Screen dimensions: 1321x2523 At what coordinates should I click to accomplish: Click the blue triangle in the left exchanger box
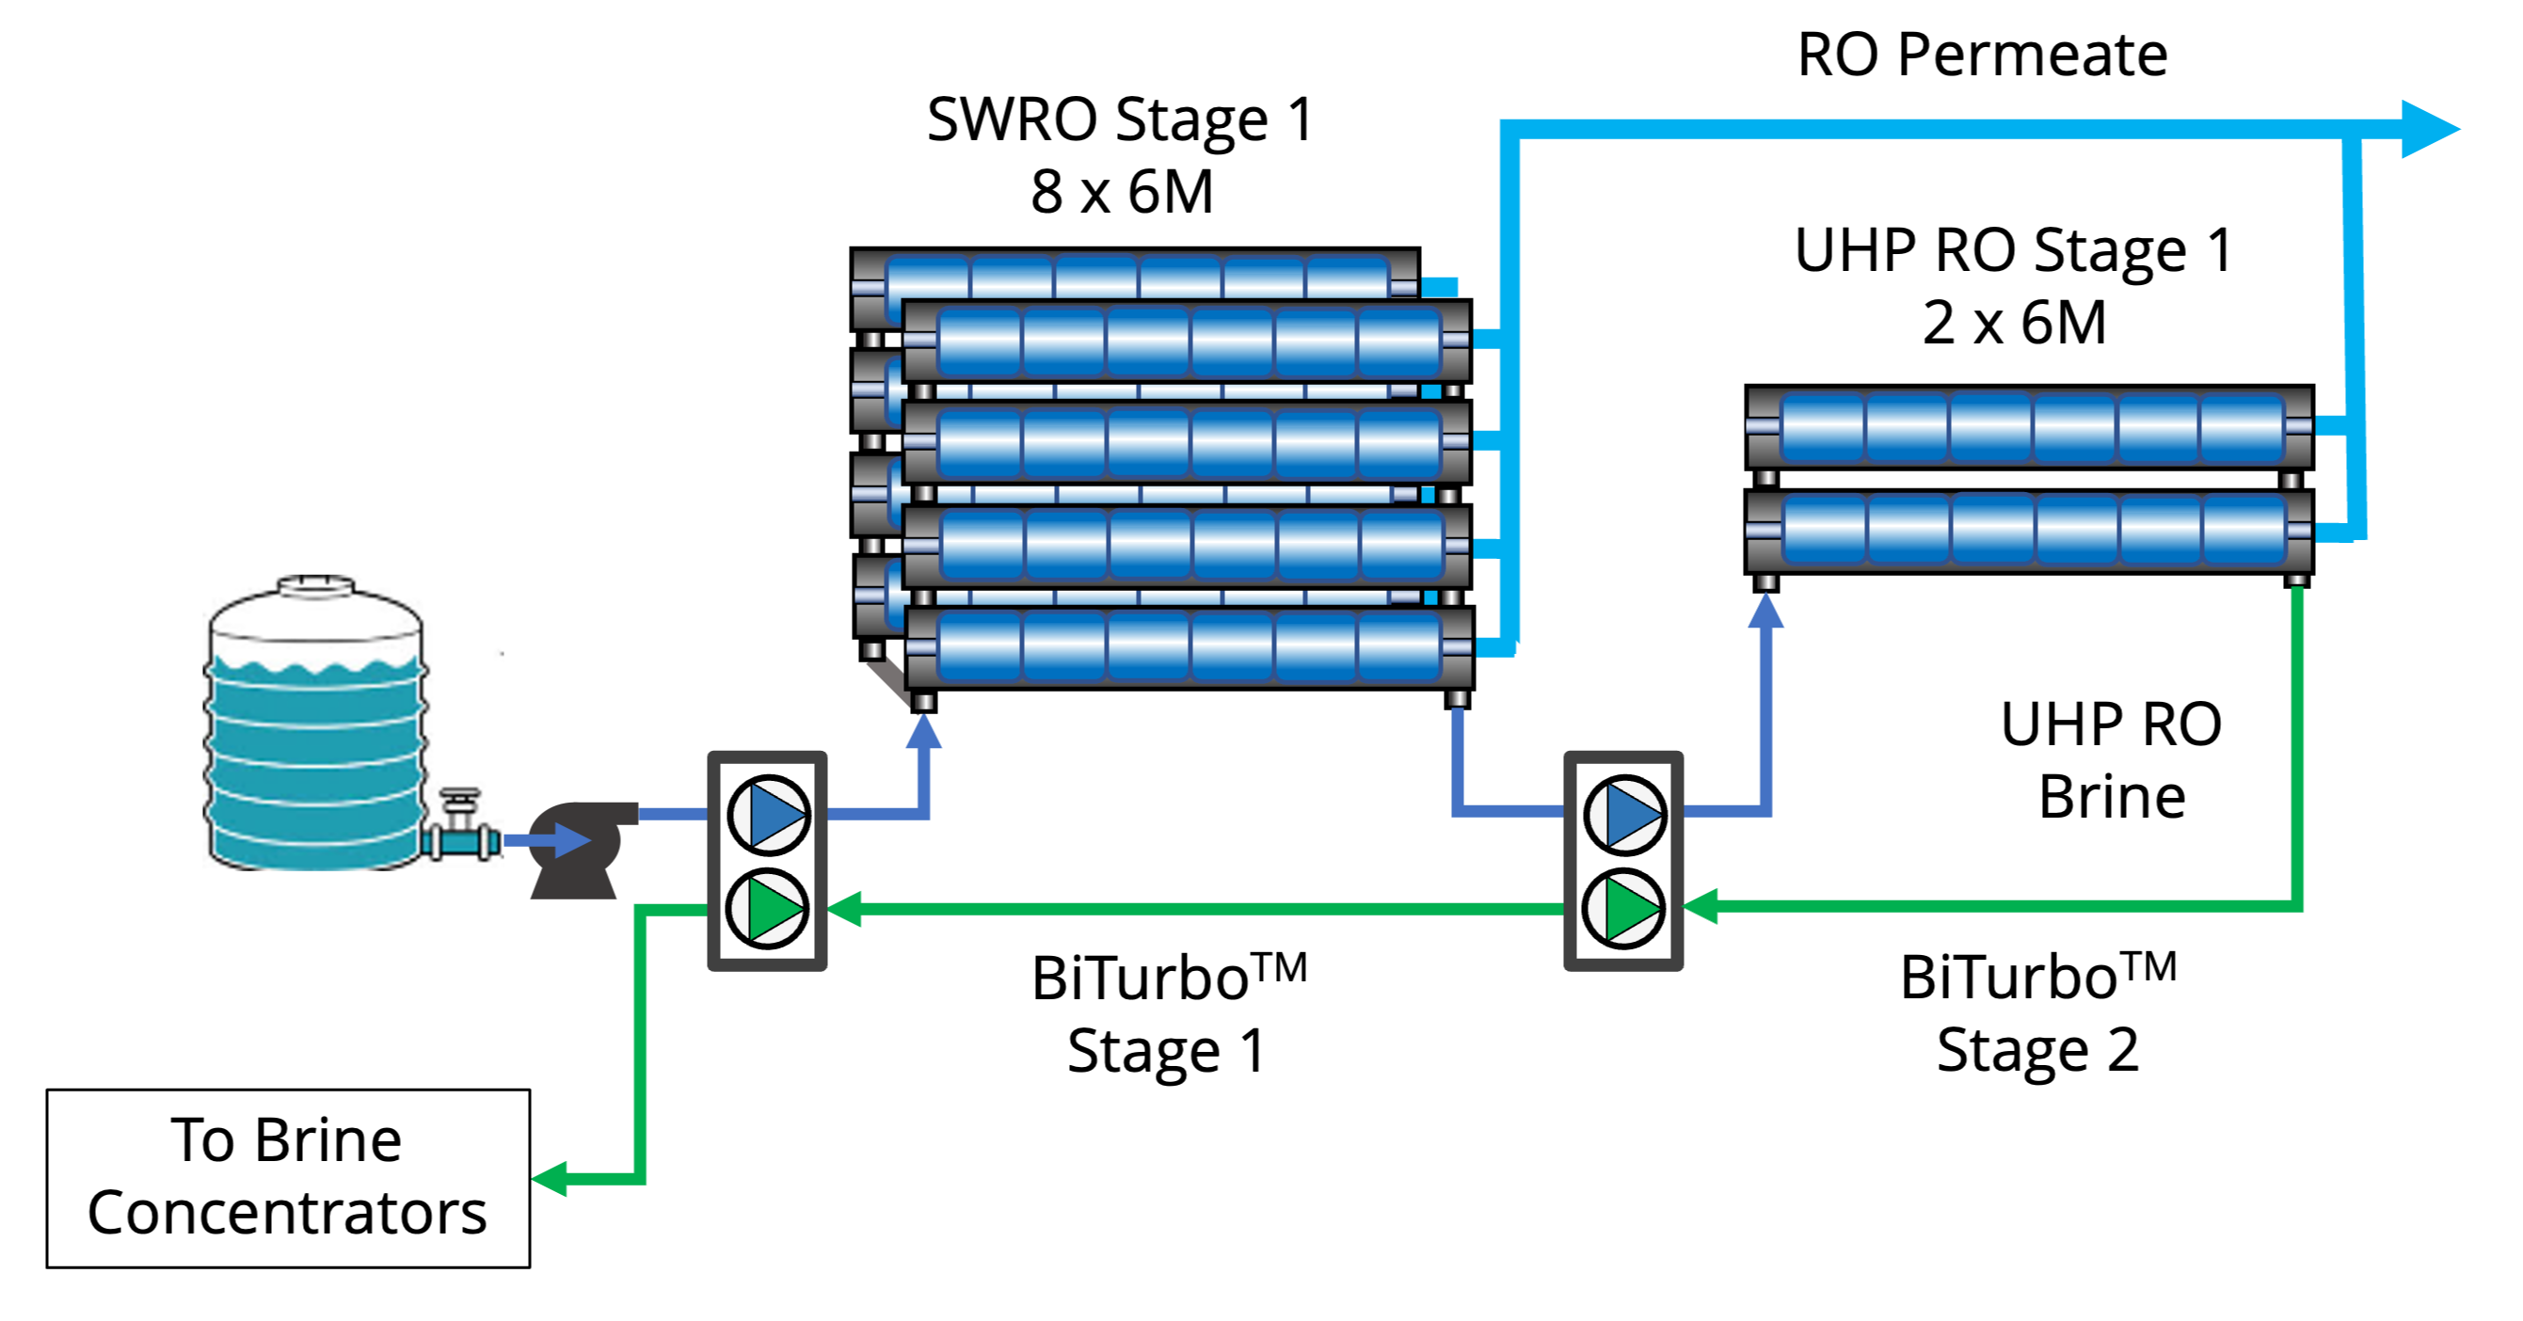774,814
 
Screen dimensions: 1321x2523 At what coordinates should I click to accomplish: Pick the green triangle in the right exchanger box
1628,908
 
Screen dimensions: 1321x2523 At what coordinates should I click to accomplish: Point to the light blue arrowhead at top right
2429,128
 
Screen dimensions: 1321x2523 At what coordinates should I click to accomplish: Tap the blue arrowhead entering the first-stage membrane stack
922,731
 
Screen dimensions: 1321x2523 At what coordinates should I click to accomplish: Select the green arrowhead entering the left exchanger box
844,909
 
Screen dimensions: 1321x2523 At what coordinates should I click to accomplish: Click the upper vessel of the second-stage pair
2030,427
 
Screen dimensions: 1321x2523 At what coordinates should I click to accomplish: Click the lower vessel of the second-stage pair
2030,530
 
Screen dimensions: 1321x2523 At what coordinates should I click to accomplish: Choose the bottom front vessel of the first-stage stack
1188,646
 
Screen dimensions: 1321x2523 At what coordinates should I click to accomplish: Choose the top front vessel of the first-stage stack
1188,341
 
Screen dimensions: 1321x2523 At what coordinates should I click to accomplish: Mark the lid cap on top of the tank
314,584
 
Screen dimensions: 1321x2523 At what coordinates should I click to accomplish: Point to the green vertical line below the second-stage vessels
2298,744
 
